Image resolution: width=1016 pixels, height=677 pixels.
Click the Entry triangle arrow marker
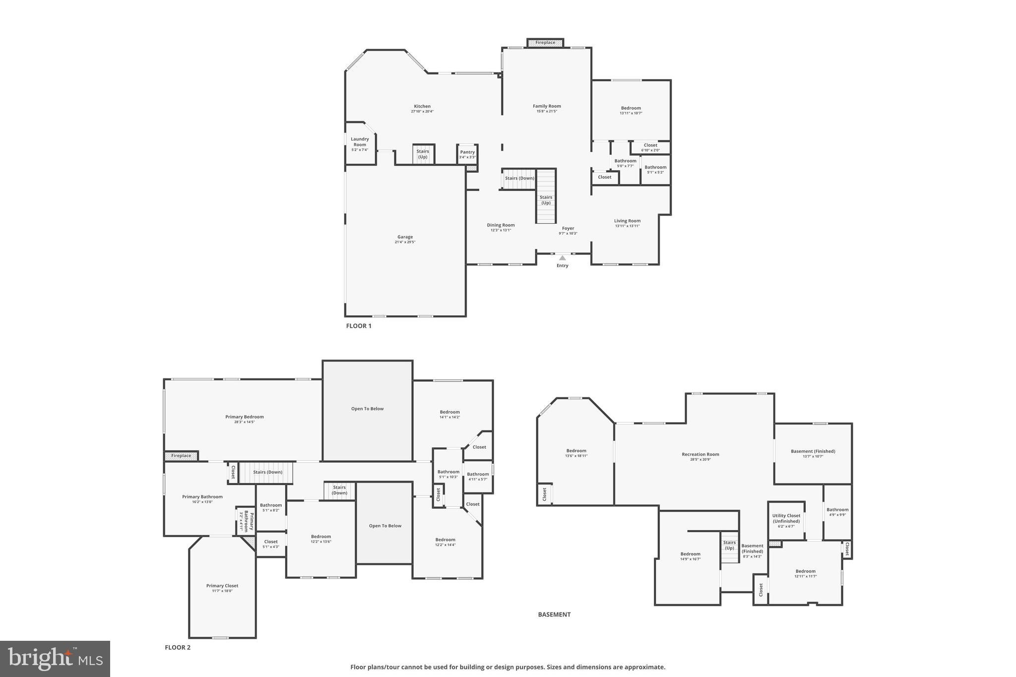pyautogui.click(x=562, y=258)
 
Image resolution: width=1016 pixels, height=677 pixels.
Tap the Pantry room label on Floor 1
pyautogui.click(x=467, y=152)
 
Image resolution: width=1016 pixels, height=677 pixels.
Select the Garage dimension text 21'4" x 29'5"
pyautogui.click(x=405, y=242)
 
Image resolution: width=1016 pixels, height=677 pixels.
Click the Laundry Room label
pyautogui.click(x=360, y=142)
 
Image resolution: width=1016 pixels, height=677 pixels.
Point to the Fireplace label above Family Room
pyautogui.click(x=545, y=43)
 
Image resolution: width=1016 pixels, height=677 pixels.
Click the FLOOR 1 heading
pyautogui.click(x=359, y=326)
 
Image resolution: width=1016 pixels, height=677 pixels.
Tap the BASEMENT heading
pyautogui.click(x=554, y=615)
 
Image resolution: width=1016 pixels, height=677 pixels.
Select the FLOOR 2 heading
pyautogui.click(x=178, y=647)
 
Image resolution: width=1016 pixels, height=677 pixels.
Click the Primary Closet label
pyautogui.click(x=222, y=586)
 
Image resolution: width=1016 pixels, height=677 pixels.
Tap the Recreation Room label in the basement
pyautogui.click(x=700, y=454)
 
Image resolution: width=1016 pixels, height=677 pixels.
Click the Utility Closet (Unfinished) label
pyautogui.click(x=786, y=518)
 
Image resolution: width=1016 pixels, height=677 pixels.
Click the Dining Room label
pyautogui.click(x=501, y=225)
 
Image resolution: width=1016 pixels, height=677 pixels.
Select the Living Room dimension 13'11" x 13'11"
pyautogui.click(x=627, y=226)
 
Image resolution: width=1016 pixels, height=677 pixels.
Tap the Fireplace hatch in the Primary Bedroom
pyautogui.click(x=181, y=456)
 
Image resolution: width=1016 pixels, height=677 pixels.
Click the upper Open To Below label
pyautogui.click(x=367, y=409)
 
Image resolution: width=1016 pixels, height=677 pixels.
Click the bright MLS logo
pyautogui.click(x=55, y=659)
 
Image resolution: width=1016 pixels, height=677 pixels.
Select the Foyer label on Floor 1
pyautogui.click(x=568, y=228)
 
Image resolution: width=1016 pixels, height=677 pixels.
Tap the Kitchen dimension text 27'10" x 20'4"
pyautogui.click(x=422, y=112)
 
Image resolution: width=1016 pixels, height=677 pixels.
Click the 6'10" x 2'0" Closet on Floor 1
pyautogui.click(x=650, y=148)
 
